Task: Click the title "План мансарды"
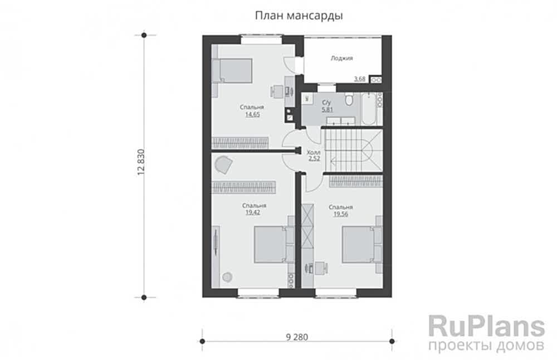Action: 299,16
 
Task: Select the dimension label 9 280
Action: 296,337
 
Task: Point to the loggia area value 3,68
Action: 360,79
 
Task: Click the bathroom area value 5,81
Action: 327,110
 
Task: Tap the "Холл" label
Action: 314,151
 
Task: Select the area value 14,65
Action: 252,114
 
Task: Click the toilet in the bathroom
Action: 349,100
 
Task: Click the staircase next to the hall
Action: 352,148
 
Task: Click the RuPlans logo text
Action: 486,325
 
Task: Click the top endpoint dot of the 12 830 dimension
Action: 144,35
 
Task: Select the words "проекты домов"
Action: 486,346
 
